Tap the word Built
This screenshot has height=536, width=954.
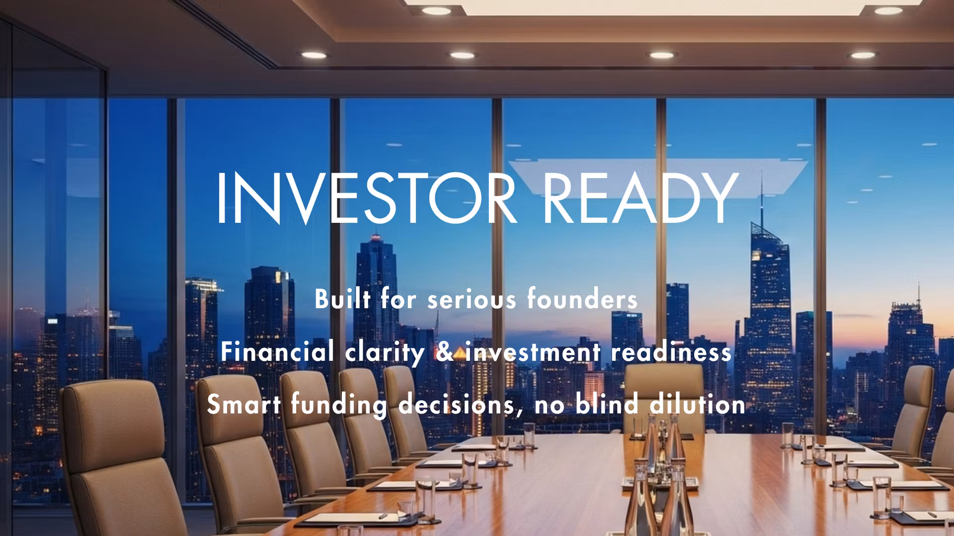(342, 299)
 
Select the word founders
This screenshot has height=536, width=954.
(582, 299)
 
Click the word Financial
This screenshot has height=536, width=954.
(277, 352)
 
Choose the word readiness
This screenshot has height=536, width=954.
(671, 352)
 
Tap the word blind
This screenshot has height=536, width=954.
(607, 404)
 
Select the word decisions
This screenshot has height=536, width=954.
(457, 404)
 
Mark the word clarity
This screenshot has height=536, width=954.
(385, 352)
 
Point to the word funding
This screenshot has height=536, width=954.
(339, 404)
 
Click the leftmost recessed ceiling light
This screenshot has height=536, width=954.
(314, 55)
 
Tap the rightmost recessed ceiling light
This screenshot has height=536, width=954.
(863, 55)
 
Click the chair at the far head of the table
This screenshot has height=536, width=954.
(663, 397)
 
